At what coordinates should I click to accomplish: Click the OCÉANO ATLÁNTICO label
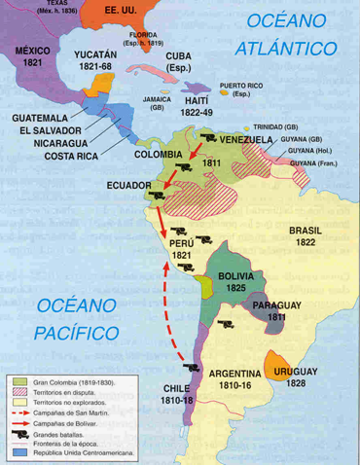291,34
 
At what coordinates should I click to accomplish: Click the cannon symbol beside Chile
190,368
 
